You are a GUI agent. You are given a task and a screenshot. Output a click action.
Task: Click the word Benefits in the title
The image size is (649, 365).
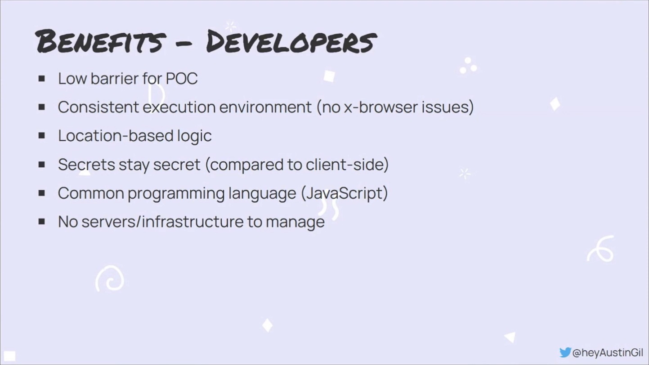(x=101, y=41)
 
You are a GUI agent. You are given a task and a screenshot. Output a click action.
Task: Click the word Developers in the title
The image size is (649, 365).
(x=291, y=41)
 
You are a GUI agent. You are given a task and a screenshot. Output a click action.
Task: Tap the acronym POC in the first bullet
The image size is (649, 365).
(x=182, y=78)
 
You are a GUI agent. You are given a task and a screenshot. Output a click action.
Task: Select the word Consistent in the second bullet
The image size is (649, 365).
(x=98, y=107)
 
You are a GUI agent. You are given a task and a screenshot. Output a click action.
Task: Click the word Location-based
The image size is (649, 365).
(x=116, y=135)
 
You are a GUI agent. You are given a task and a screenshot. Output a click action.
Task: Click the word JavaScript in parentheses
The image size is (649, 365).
(x=344, y=193)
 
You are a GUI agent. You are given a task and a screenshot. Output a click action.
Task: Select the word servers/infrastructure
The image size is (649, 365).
(x=162, y=222)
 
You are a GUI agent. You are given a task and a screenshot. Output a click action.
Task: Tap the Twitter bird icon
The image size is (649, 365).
(x=565, y=352)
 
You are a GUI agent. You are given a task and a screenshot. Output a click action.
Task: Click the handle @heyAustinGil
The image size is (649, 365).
(x=608, y=352)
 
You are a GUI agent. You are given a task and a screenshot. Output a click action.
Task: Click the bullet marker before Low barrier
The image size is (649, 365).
(x=42, y=79)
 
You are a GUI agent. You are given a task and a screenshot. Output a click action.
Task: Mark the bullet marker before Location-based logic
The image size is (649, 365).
(x=42, y=136)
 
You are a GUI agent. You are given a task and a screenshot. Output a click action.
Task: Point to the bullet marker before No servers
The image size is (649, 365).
(x=42, y=222)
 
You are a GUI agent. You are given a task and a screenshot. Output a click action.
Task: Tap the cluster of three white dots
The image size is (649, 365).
(x=468, y=66)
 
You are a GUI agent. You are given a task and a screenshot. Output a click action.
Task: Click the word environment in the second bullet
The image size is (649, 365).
(x=265, y=107)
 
